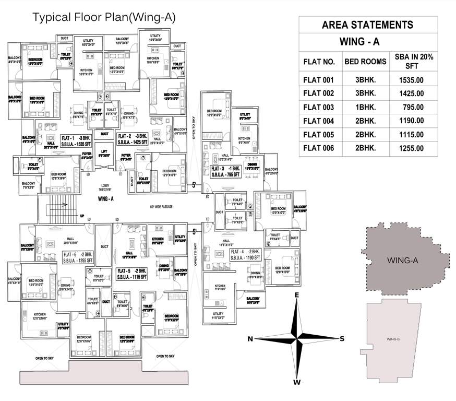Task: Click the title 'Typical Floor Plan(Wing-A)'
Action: pyautogui.click(x=104, y=17)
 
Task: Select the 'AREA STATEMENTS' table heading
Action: pyautogui.click(x=367, y=25)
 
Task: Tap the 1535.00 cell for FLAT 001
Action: pyautogui.click(x=410, y=80)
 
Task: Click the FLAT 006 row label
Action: pyautogui.click(x=319, y=148)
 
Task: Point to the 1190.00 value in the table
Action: pyautogui.click(x=410, y=121)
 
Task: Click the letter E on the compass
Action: pyautogui.click(x=296, y=296)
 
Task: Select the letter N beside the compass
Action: pyautogui.click(x=250, y=339)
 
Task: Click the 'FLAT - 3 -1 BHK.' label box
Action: pyautogui.click(x=225, y=172)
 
